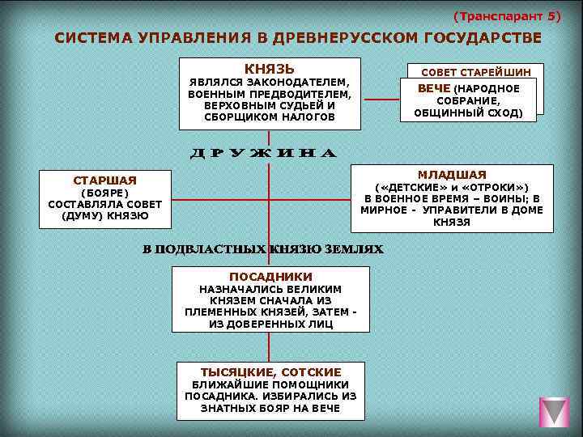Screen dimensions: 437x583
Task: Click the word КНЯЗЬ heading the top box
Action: pos(270,69)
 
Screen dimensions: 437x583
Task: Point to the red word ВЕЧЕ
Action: pos(434,88)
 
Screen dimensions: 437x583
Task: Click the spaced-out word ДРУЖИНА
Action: pos(262,153)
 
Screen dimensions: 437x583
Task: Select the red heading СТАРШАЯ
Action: pos(105,180)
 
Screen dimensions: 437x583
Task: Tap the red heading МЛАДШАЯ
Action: pos(452,175)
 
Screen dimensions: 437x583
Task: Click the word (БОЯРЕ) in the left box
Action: pos(105,193)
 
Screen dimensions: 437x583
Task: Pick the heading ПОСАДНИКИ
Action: pos(270,277)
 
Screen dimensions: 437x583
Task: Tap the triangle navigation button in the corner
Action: pos(555,412)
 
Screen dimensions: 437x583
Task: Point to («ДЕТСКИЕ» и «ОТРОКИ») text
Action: pos(452,188)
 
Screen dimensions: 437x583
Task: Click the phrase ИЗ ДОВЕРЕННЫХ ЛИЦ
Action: pos(270,324)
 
